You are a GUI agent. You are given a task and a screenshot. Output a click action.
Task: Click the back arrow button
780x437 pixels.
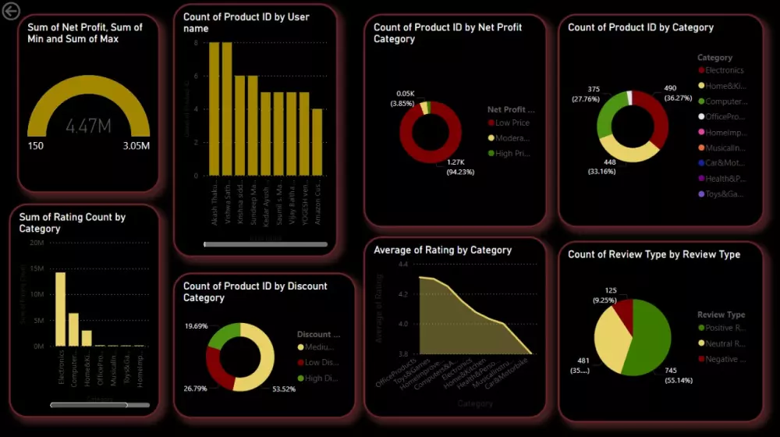tap(11, 12)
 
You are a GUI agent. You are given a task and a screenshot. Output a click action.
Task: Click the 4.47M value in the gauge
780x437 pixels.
tap(88, 126)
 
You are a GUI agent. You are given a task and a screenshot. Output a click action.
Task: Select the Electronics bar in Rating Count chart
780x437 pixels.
tap(60, 308)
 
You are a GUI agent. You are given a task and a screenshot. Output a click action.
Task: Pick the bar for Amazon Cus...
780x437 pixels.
tap(317, 144)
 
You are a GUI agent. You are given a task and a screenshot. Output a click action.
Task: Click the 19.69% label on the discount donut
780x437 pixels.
tap(196, 325)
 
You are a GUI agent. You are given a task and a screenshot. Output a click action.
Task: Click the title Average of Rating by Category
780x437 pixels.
tap(442, 250)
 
